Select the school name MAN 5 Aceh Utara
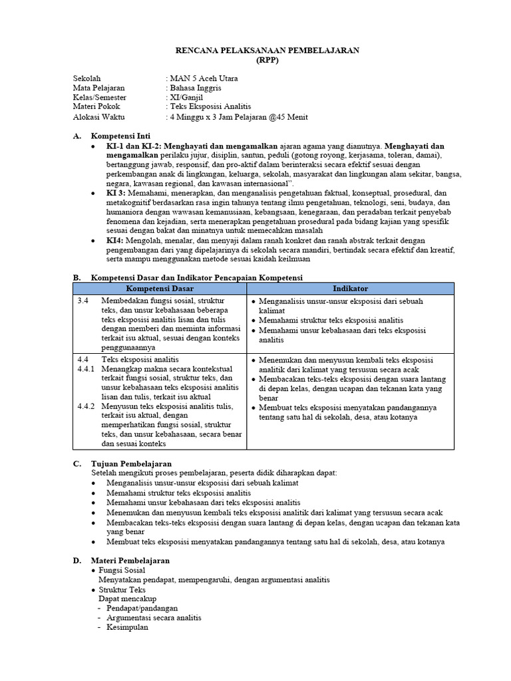tap(204, 78)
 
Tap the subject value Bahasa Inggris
tap(196, 88)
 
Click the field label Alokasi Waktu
tap(100, 117)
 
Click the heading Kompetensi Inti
tap(125, 136)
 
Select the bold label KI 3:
tap(117, 192)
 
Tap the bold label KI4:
tap(116, 239)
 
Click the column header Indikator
tap(350, 289)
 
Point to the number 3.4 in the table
tap(83, 301)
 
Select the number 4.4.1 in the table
tap(86, 368)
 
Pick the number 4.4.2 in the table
tap(86, 405)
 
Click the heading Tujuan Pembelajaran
tap(131, 463)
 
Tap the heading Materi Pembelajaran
tap(130, 561)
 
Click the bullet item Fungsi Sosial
tap(122, 571)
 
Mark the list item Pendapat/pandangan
tap(142, 608)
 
